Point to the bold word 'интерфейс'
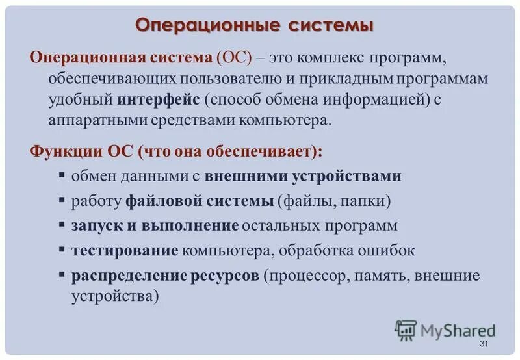point(159,101)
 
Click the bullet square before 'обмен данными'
point(61,175)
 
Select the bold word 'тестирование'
point(125,250)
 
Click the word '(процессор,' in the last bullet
point(307,275)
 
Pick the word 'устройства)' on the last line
point(115,296)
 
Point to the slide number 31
point(482,344)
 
